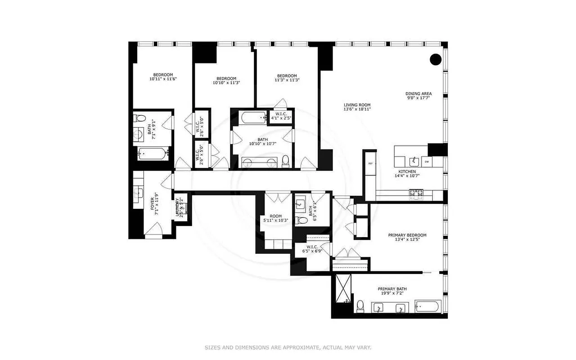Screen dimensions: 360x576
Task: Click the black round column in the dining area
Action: point(435,59)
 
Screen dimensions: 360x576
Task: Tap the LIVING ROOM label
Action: point(357,105)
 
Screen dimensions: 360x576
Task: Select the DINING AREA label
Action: point(418,94)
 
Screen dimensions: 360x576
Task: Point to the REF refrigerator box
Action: point(371,163)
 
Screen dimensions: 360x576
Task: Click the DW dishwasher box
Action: point(426,162)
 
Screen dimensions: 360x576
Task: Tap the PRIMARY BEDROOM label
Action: point(407,235)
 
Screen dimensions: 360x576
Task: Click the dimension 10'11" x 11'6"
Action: point(163,79)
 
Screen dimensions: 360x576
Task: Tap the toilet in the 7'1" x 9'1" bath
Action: point(140,119)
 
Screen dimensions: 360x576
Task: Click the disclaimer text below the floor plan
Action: point(288,347)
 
